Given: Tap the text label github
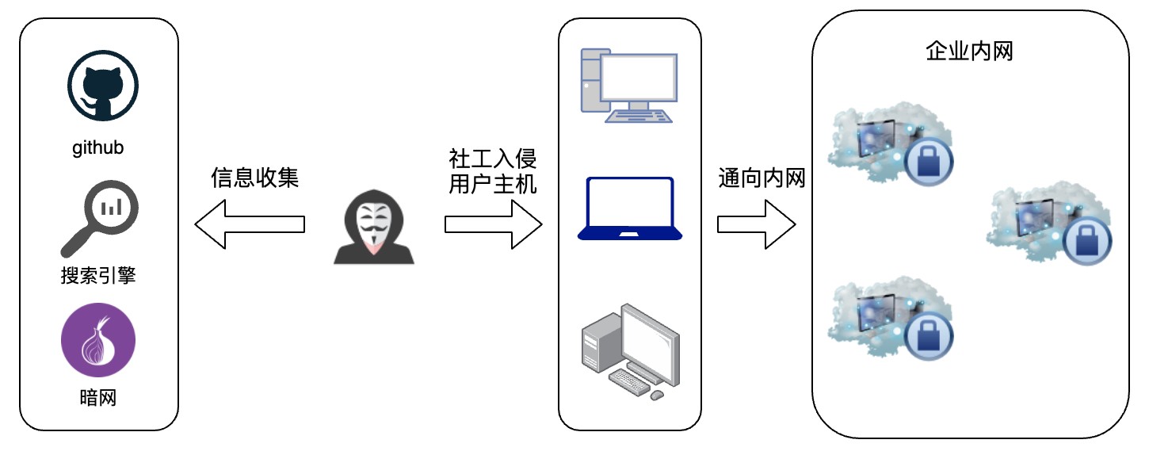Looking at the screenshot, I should tap(98, 148).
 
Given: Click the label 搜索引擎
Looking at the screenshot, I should tap(98, 275).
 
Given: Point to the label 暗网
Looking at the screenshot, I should tap(98, 397).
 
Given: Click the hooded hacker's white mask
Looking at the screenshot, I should tap(370, 224).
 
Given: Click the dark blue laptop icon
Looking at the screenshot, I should tap(630, 208).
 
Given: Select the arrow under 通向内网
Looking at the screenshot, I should tap(755, 224).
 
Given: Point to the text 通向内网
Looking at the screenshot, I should tap(762, 178).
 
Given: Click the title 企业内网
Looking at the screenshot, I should tap(970, 52).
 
